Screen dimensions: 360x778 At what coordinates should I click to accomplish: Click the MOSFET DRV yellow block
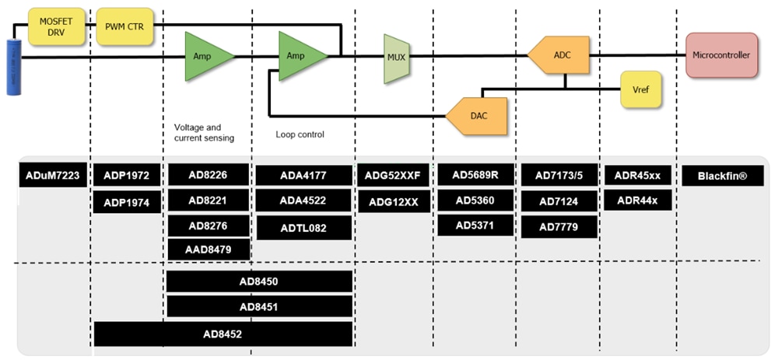(55, 26)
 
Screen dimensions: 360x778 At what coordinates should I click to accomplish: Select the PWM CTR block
(124, 26)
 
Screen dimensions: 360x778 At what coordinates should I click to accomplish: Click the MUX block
(396, 58)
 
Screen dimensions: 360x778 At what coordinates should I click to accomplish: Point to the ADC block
(560, 56)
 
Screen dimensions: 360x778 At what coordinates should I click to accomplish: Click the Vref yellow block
(640, 90)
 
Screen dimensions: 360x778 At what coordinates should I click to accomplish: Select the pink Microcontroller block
(721, 56)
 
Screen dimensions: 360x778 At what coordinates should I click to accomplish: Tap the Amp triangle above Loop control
(300, 56)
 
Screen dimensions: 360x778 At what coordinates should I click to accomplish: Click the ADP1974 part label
(126, 204)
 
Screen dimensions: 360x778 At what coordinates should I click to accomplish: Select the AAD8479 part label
(209, 250)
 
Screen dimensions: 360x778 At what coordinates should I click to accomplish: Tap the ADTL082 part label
(303, 229)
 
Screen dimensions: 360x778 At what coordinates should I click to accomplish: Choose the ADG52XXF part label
(392, 176)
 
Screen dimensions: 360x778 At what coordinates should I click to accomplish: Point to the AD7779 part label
(559, 227)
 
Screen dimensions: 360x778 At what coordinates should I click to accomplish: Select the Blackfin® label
(722, 176)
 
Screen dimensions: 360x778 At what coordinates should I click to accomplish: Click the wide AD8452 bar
(223, 334)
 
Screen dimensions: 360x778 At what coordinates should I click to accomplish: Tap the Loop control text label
(300, 135)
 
